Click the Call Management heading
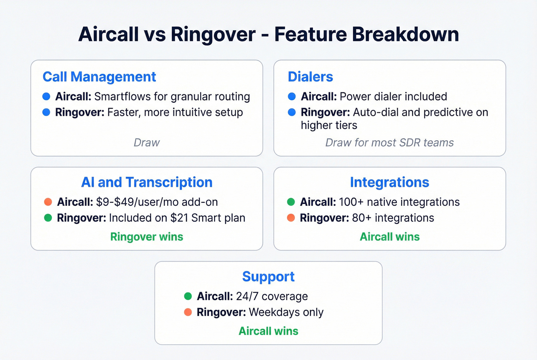99,77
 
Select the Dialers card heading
310,77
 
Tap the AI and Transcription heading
147,182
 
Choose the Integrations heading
389,182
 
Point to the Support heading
268,276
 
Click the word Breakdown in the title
405,34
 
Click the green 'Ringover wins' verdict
147,237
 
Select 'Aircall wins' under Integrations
389,237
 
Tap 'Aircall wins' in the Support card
268,331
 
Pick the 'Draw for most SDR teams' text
389,143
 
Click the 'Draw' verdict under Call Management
147,143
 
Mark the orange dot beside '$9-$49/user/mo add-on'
48,202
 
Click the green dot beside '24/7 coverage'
188,296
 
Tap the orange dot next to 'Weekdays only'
188,312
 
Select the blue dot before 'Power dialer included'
292,96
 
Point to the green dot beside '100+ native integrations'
291,202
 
